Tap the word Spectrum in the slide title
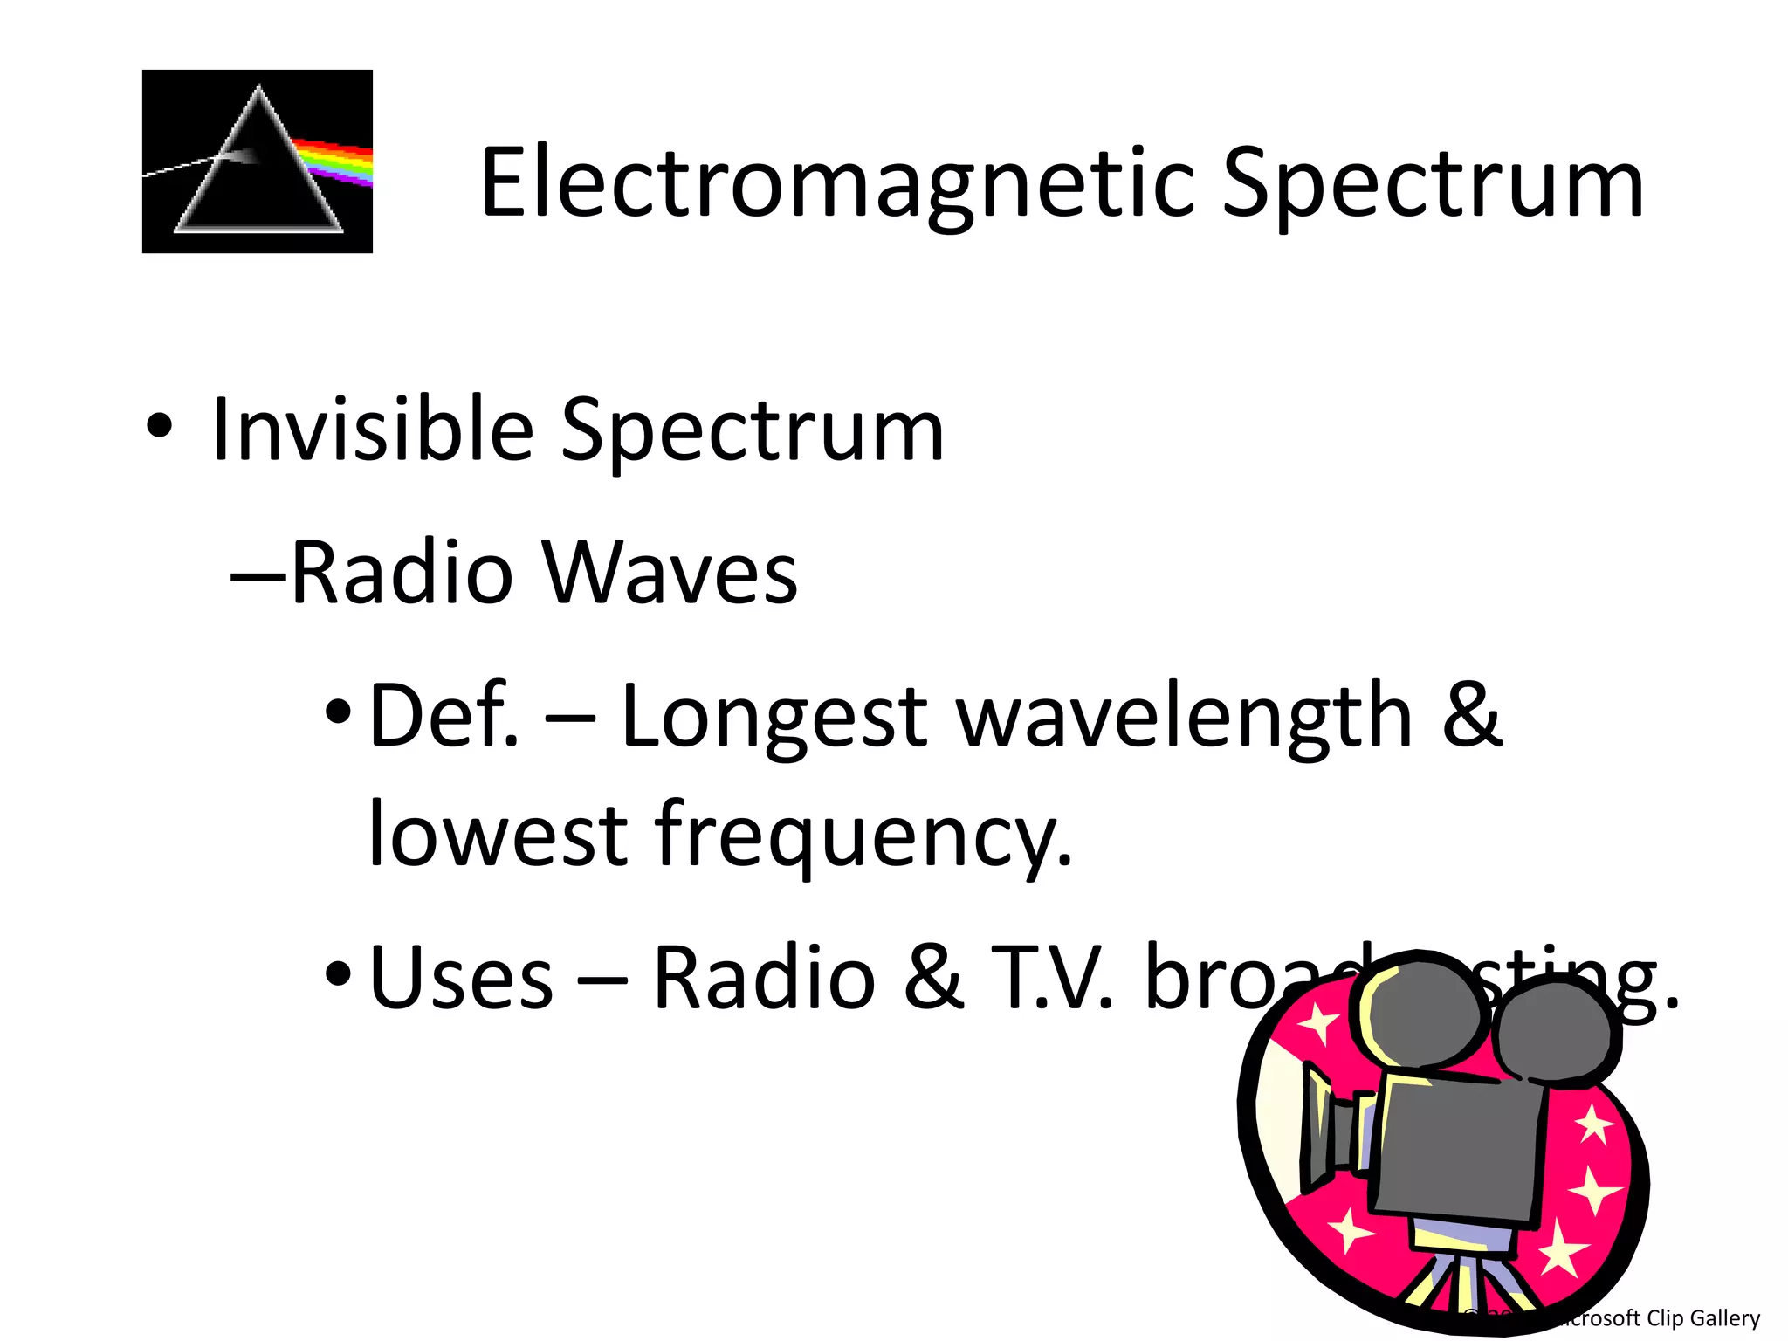click(x=1432, y=183)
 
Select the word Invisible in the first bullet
click(x=372, y=430)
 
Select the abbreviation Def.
click(x=444, y=716)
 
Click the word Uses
click(x=461, y=978)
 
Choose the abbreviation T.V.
click(x=1051, y=978)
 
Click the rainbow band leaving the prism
click(x=336, y=161)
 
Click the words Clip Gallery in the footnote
click(x=1702, y=1317)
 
